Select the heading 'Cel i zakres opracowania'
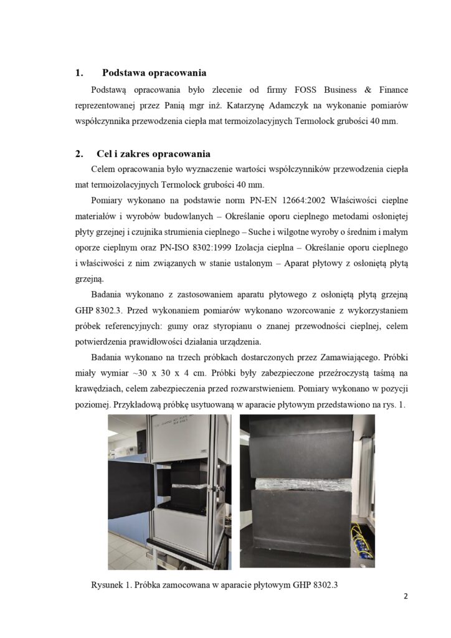(x=153, y=153)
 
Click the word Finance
(x=391, y=90)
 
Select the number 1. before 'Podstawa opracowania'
(x=79, y=73)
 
